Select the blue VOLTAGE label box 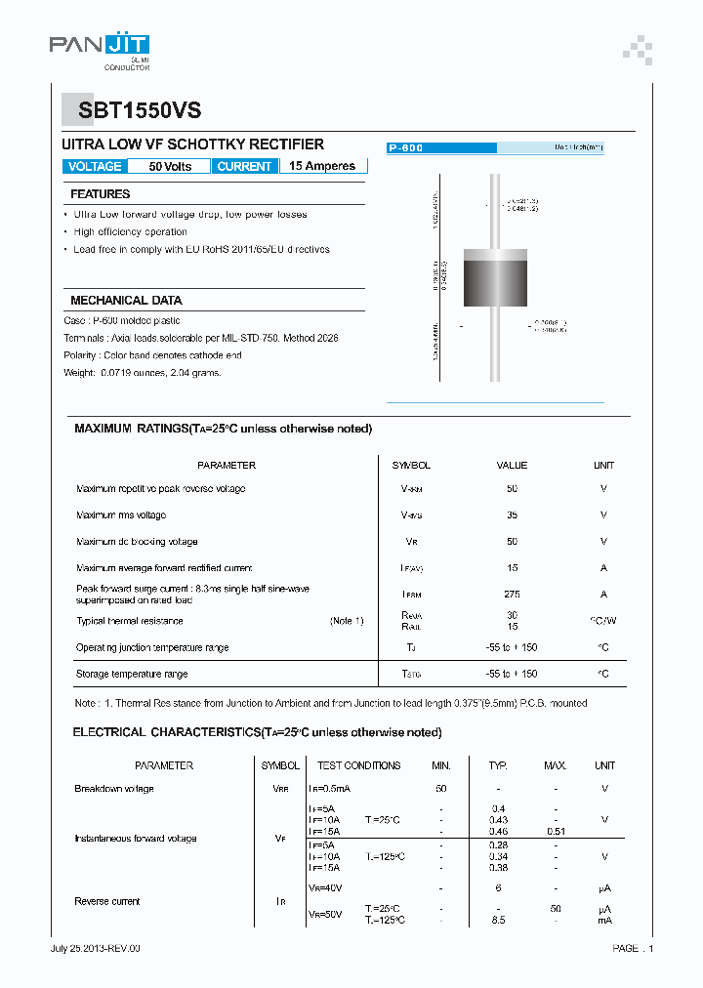click(95, 167)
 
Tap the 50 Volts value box click(170, 167)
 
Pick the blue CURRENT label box click(244, 167)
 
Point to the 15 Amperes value click(322, 166)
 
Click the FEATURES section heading click(100, 194)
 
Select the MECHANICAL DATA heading click(126, 301)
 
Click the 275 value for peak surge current click(512, 594)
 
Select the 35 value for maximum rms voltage click(512, 515)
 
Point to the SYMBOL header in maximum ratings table click(411, 466)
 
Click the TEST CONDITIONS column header click(358, 765)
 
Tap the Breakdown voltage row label click(114, 789)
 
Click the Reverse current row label click(107, 901)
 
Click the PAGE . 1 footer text click(633, 948)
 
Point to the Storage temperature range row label click(132, 674)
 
